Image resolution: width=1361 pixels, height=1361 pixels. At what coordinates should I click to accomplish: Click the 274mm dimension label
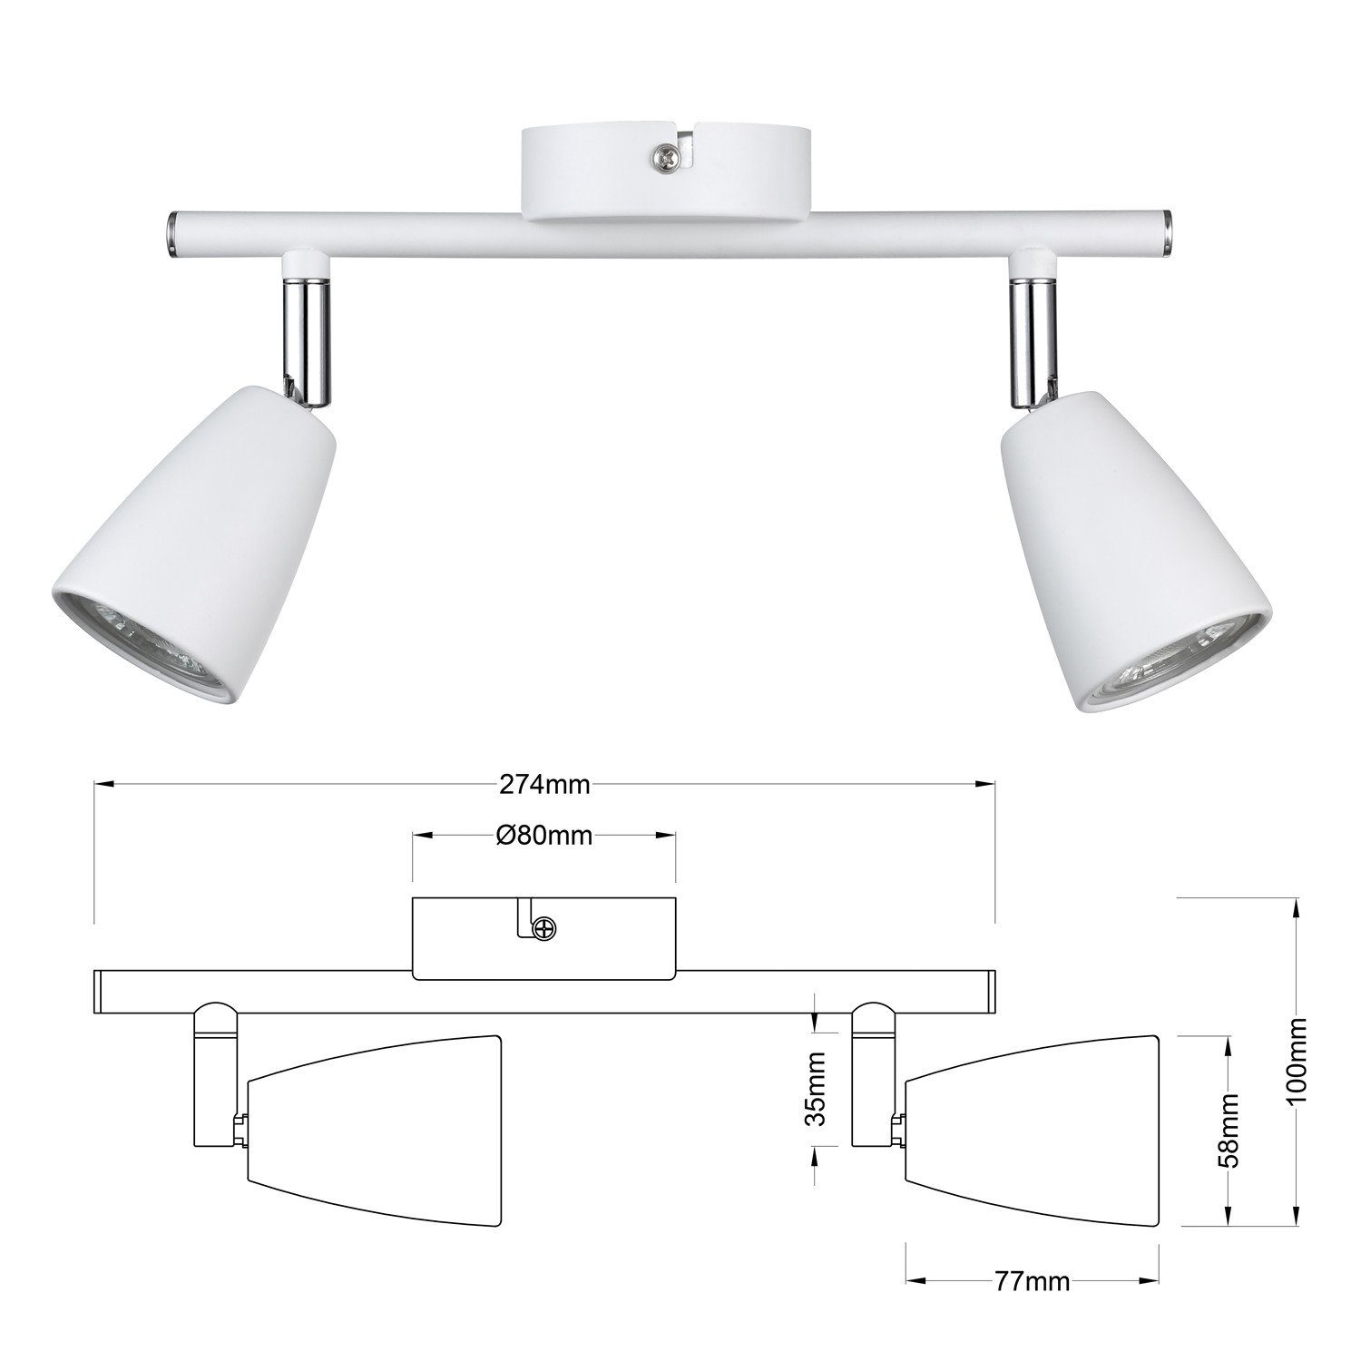544,786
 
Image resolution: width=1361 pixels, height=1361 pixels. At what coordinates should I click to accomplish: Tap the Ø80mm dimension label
544,835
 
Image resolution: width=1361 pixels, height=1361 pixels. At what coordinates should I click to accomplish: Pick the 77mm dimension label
1032,1282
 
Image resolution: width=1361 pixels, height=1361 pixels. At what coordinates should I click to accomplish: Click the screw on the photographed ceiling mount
665,159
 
